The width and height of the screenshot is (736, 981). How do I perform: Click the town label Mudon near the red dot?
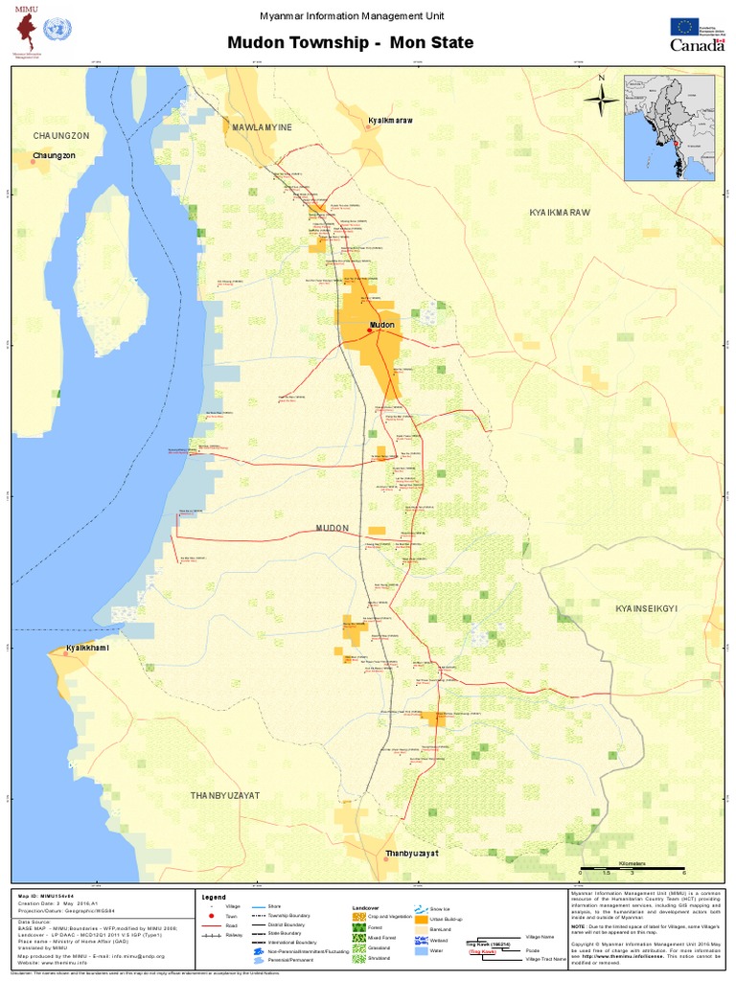pos(381,325)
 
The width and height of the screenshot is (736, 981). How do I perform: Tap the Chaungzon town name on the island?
pos(53,155)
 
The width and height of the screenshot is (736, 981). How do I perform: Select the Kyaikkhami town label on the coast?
pos(85,650)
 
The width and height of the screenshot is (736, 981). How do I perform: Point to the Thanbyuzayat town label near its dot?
pos(411,853)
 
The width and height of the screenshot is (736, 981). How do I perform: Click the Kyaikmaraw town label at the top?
pos(390,121)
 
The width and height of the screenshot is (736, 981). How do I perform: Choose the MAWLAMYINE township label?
pos(260,126)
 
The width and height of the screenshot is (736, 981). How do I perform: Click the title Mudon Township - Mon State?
pos(350,43)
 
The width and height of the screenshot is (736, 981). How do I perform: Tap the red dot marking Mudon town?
pos(369,331)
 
